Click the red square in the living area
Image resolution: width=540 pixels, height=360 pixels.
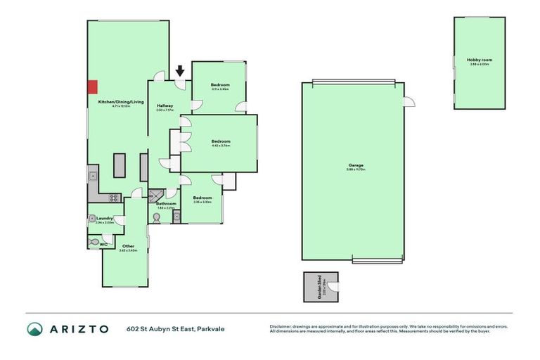pos(92,86)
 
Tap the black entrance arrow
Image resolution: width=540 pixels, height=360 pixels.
pos(180,70)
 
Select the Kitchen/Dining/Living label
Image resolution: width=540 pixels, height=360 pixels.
pos(121,103)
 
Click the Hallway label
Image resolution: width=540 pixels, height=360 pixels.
pos(165,105)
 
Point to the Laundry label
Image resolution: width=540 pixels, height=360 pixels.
pos(104,219)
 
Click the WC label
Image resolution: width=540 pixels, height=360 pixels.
pos(103,245)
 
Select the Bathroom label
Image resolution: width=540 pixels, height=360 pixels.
pos(166,204)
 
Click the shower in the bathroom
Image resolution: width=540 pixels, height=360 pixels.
pos(155,195)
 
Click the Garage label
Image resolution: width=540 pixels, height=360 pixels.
pos(354,166)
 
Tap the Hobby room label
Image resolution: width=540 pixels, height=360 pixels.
pos(480,60)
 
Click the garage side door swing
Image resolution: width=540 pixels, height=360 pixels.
pos(407,103)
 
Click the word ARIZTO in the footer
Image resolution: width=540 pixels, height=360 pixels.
pos(79,329)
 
